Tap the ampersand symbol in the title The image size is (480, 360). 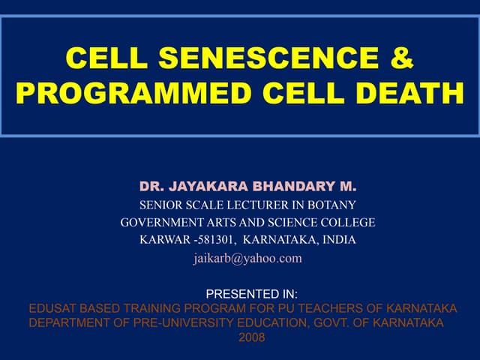tap(402, 58)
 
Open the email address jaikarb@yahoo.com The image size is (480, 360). tap(247, 258)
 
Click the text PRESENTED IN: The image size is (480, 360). tap(251, 295)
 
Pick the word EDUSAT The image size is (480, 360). tap(52, 309)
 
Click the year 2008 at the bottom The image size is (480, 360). tap(251, 337)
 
